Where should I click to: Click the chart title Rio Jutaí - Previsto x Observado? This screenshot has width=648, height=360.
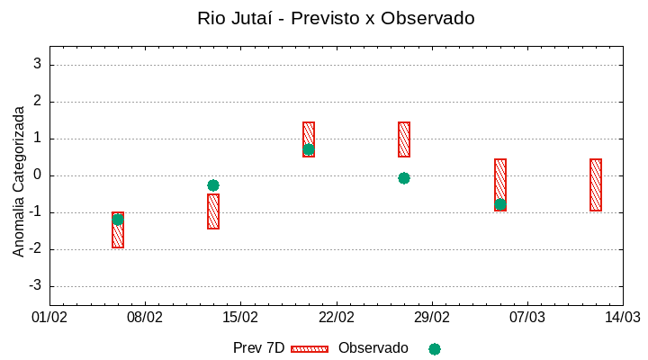coord(336,18)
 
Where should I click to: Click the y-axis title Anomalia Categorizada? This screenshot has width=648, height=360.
coord(19,181)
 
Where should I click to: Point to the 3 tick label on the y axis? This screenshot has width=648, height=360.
coord(38,65)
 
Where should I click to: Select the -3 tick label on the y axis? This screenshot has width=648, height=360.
coord(35,286)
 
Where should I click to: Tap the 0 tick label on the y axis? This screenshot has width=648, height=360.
coord(38,175)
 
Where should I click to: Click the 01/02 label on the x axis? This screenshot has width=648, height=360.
coord(49,318)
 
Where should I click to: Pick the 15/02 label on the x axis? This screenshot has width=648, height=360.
coord(240,318)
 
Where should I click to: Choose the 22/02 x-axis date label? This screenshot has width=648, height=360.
coord(337,318)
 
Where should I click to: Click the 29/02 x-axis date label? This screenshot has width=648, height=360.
coord(432,318)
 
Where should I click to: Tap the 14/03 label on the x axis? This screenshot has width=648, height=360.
coord(623,318)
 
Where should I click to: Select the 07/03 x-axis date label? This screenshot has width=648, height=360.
coord(527,318)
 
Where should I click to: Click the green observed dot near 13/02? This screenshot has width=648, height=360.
coord(213,185)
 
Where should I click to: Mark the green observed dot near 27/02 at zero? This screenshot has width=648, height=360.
coord(404,178)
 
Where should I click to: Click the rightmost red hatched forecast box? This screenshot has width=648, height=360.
coord(596,184)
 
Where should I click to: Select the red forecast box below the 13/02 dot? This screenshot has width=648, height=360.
coord(213,211)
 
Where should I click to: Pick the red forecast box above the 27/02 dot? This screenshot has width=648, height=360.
coord(404,139)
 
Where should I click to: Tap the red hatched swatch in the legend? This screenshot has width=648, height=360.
coord(310,348)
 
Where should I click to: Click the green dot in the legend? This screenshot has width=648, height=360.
coord(435,348)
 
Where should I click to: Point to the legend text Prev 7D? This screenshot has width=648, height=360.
coord(258,348)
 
